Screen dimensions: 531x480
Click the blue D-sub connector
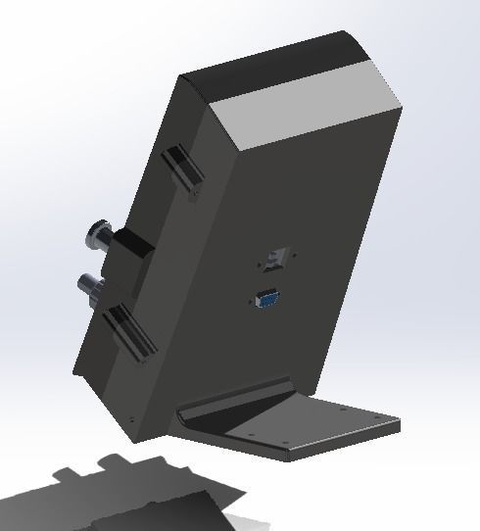point(265,299)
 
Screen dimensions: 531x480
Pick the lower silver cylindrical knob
point(92,287)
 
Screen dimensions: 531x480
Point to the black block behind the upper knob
point(130,251)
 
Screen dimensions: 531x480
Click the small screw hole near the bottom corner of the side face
point(129,418)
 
